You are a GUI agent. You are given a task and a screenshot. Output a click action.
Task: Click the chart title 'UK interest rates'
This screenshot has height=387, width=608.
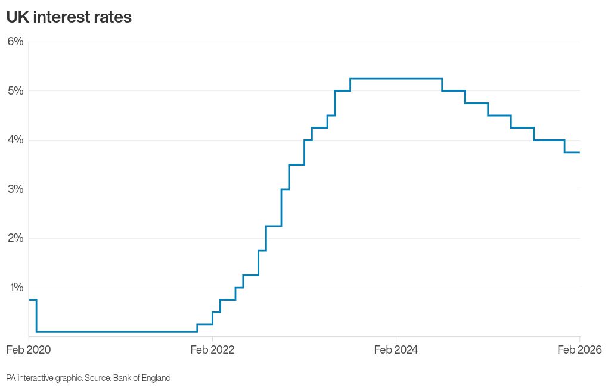click(69, 17)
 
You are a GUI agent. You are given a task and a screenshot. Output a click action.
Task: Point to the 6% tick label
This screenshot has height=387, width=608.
click(15, 42)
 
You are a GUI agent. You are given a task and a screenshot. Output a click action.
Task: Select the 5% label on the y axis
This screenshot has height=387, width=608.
click(15, 91)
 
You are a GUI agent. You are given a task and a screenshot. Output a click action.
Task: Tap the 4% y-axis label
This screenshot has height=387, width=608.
click(15, 140)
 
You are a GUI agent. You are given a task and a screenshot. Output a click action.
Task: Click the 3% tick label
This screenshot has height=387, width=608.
click(15, 189)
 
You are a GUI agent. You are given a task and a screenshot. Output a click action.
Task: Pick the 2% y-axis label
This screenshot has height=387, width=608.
click(15, 238)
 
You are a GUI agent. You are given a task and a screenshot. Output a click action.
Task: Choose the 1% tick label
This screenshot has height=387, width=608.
click(15, 288)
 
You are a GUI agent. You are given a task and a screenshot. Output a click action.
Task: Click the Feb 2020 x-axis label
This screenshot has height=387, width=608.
click(29, 349)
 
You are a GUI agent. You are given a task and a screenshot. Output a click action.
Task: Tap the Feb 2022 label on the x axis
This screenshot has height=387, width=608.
click(212, 349)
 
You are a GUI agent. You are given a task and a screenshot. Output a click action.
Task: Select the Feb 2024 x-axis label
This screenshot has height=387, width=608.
click(396, 349)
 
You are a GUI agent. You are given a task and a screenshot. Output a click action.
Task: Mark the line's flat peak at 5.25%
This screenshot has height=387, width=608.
click(396, 79)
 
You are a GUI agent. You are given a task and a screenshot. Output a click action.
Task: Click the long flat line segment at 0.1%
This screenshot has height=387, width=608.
click(116, 332)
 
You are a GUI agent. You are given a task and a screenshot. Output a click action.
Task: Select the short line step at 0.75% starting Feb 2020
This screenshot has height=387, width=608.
click(32, 299)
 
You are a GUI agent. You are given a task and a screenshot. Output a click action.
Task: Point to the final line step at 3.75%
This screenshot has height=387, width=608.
click(572, 152)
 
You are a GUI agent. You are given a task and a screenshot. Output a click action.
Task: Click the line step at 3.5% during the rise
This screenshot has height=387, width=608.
click(296, 164)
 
